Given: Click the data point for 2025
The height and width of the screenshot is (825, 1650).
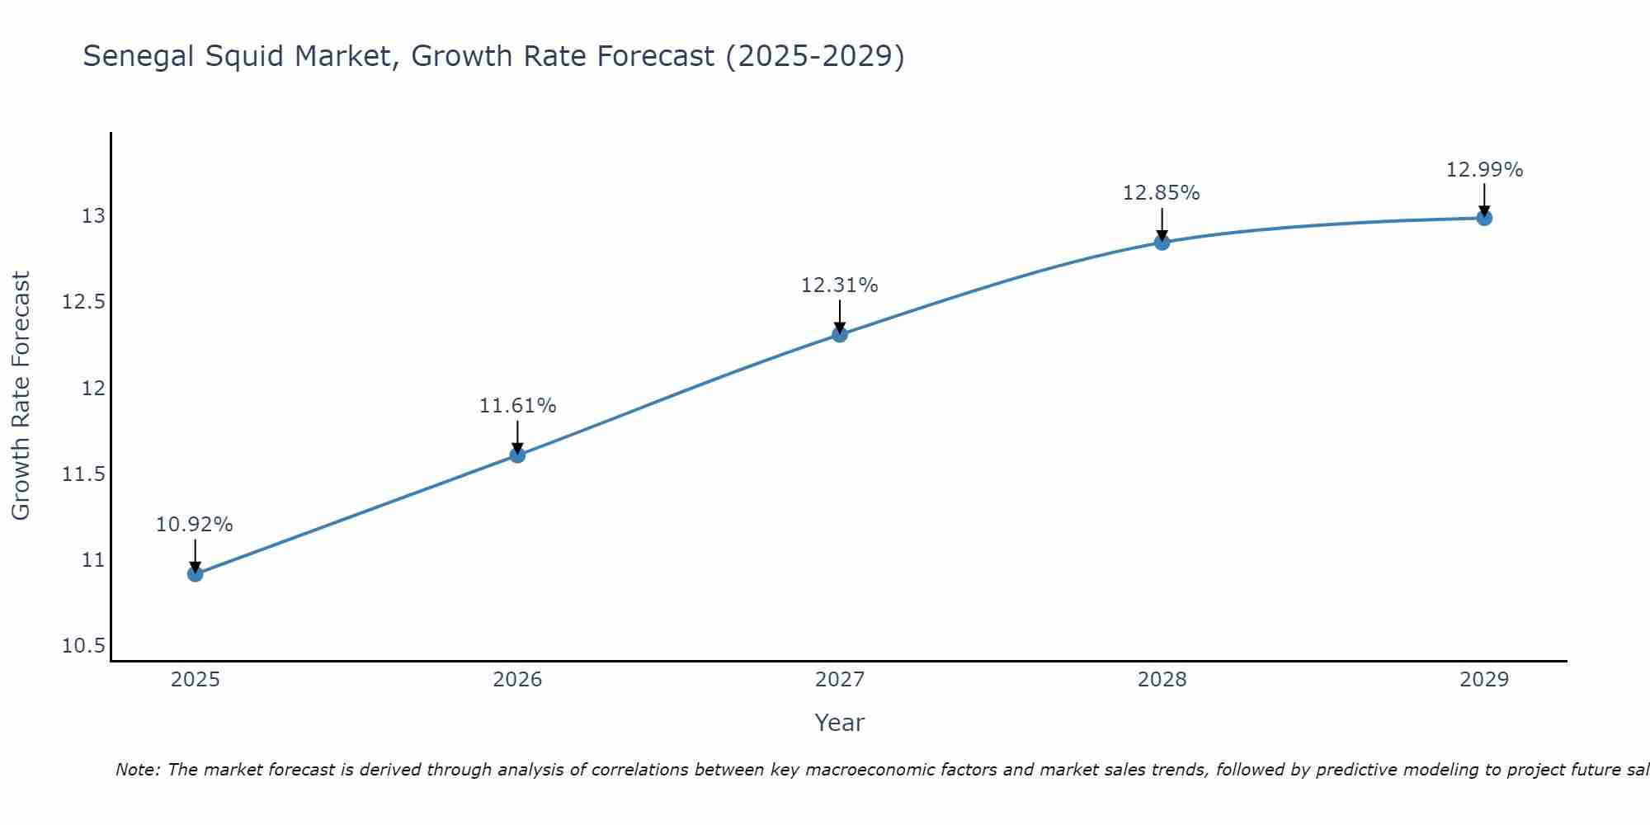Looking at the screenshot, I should (x=196, y=573).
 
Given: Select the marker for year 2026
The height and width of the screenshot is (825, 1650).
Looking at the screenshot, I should (x=517, y=455).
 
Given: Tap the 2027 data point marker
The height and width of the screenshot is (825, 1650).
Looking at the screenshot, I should (x=840, y=334).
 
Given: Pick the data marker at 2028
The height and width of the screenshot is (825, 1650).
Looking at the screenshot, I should (x=1162, y=242).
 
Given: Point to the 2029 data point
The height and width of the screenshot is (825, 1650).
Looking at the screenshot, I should (x=1484, y=218).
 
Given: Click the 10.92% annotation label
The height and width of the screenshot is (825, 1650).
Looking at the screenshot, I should (x=195, y=525).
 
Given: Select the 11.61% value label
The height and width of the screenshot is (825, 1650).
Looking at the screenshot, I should (x=517, y=406).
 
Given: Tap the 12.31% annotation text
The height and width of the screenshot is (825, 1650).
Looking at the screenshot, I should (x=839, y=285).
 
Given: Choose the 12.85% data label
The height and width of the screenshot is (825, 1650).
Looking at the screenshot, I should (x=1161, y=193).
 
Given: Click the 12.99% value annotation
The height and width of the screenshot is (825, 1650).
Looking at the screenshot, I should (x=1484, y=170).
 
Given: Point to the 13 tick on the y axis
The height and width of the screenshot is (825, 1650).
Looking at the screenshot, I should (x=93, y=216).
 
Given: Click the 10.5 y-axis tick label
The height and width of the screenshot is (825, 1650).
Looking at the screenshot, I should (x=83, y=646).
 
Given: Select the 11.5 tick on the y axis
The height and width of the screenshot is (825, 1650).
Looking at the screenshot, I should (x=83, y=474).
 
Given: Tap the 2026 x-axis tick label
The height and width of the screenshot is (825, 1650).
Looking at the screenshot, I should (x=517, y=680).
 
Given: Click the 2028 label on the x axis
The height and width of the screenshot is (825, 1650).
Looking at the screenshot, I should (x=1162, y=680).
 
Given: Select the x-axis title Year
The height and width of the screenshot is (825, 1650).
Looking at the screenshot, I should (x=839, y=723).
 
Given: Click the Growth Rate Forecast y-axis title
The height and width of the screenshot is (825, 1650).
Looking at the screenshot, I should (x=21, y=395).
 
